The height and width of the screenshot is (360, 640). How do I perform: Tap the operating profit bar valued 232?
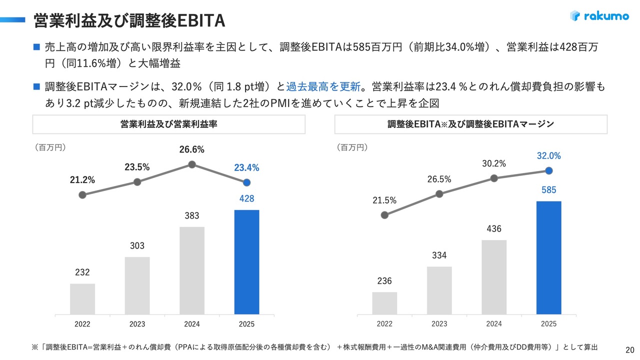pyautogui.click(x=82, y=298)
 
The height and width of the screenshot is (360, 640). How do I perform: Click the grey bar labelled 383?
pyautogui.click(x=192, y=270)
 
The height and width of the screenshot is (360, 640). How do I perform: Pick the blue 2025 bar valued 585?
pyautogui.click(x=548, y=257)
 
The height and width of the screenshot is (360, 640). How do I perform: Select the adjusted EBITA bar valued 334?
pyautogui.click(x=439, y=290)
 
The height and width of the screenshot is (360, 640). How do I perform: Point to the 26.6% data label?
pyautogui.click(x=192, y=150)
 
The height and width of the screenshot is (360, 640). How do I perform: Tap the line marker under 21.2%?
pyautogui.click(x=82, y=195)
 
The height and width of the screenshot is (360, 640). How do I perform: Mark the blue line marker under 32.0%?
pyautogui.click(x=548, y=170)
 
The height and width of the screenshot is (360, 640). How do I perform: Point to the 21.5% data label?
pyautogui.click(x=384, y=200)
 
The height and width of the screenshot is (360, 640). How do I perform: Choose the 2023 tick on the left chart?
pyautogui.click(x=137, y=324)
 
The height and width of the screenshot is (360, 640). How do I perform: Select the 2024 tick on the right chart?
pyautogui.click(x=494, y=323)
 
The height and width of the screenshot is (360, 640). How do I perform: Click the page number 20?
pyautogui.click(x=630, y=349)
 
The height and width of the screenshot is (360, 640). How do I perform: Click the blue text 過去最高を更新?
pyautogui.click(x=323, y=86)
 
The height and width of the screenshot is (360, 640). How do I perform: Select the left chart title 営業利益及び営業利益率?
pyautogui.click(x=168, y=124)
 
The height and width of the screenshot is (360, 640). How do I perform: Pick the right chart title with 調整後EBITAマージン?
pyautogui.click(x=470, y=124)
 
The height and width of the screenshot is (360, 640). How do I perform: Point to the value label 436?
pyautogui.click(x=494, y=229)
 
